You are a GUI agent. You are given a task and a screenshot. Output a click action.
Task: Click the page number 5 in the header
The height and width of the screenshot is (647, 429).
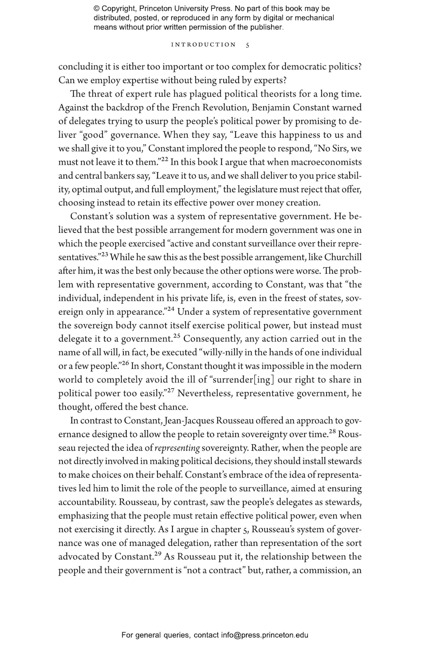(x=247, y=45)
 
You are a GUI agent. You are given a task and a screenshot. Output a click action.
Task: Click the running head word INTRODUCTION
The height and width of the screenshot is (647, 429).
(x=203, y=45)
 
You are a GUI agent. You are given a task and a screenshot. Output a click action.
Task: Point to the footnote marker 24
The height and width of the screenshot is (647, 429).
(x=170, y=309)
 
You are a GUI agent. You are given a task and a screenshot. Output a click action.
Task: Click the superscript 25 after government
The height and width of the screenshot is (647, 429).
(x=176, y=336)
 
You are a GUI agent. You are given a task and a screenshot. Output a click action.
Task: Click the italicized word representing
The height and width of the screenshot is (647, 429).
(x=177, y=448)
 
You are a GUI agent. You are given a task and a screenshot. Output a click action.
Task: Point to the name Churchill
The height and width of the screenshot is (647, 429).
(x=343, y=257)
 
